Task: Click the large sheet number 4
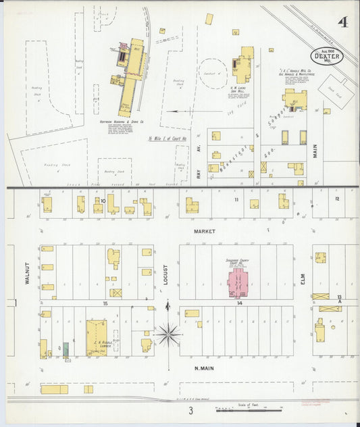344,22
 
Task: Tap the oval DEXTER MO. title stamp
328,57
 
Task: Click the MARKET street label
204,231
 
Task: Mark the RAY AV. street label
199,173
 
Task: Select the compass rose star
168,332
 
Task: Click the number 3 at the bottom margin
191,410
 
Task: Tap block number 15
105,303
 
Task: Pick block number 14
239,303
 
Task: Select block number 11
236,200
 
